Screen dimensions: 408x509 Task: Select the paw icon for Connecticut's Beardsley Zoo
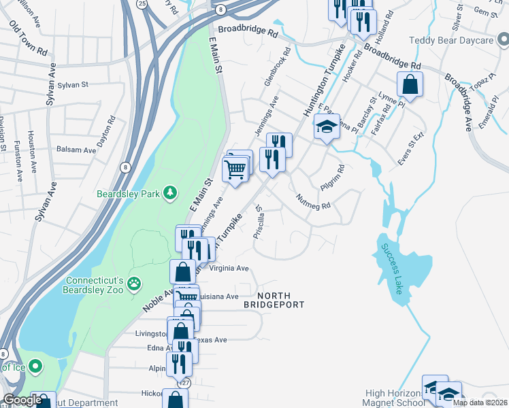tap(135, 282)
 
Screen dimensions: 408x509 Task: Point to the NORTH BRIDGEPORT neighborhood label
tap(274, 300)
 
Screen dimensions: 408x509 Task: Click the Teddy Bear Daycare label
tap(460, 41)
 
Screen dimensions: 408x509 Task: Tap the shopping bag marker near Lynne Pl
tap(410, 86)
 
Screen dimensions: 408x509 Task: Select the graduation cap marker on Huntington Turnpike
tap(327, 127)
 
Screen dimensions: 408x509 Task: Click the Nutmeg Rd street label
tap(313, 201)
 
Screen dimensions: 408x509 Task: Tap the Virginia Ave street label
tap(229, 268)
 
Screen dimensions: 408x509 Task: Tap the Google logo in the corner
tap(22, 400)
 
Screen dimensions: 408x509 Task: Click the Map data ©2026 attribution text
tap(479, 403)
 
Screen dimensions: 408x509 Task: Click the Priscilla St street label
tap(258, 224)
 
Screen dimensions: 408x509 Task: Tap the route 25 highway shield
tap(142, 3)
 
